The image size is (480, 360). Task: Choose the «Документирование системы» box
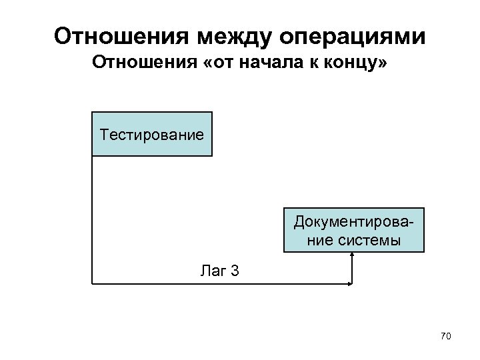pyautogui.click(x=353, y=230)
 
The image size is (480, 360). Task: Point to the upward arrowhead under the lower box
pyautogui.click(x=352, y=258)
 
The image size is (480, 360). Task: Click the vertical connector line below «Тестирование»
pyautogui.click(x=91, y=213)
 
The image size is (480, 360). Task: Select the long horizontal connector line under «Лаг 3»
pyautogui.click(x=220, y=285)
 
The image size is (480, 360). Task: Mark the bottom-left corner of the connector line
pyautogui.click(x=91, y=285)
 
